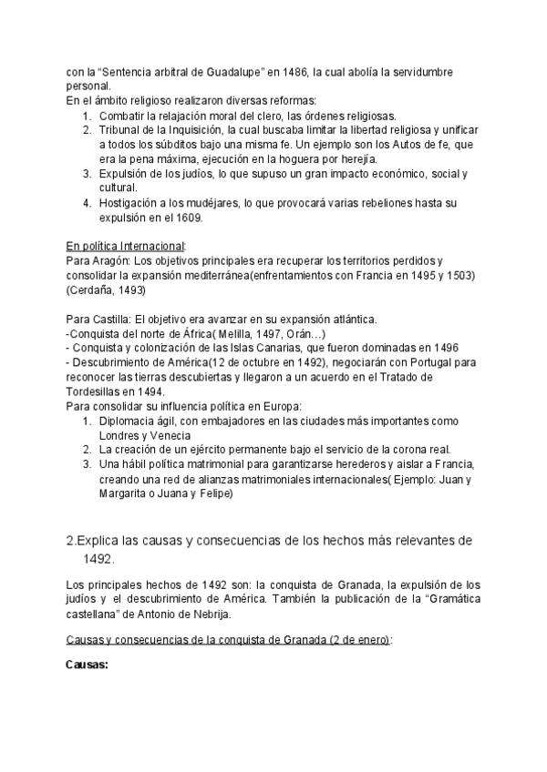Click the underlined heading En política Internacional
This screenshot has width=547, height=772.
pos(126,246)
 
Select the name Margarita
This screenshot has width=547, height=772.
pos(127,494)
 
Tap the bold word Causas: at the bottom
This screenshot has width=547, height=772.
pos(88,665)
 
